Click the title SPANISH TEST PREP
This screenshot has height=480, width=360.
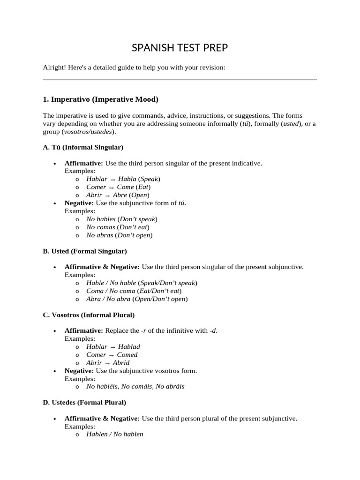[180, 48]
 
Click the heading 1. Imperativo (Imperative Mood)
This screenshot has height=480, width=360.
[100, 99]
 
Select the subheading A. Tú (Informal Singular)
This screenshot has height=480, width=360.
[83, 147]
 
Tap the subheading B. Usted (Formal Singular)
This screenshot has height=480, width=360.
[85, 251]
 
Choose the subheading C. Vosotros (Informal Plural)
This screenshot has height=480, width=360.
[89, 315]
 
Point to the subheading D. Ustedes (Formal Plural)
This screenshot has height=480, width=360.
[84, 402]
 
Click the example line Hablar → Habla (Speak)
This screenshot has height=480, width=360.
[123, 179]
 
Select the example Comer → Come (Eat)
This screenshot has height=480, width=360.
[119, 187]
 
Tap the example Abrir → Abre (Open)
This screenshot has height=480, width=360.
[118, 195]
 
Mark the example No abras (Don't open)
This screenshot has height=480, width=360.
[120, 235]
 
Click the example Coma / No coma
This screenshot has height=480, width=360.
[134, 291]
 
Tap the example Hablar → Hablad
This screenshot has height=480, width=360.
[113, 347]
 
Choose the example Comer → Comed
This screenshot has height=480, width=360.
[112, 355]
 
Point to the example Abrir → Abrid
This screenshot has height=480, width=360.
[108, 363]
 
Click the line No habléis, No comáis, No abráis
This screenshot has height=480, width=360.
[135, 387]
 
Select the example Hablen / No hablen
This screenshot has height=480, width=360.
[115, 435]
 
